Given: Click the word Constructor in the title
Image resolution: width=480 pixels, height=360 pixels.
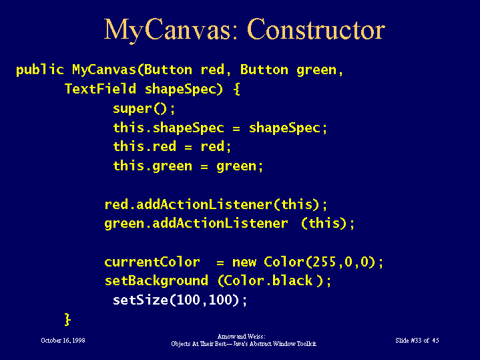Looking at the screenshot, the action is point(316,29).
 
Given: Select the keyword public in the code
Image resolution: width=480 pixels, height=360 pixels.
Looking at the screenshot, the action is point(40,70).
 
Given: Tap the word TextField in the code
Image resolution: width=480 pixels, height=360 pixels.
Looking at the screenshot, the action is point(100,89).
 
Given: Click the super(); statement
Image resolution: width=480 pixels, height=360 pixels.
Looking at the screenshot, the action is point(144,109).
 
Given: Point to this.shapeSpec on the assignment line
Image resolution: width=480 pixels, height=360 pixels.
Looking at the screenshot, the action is point(168,128).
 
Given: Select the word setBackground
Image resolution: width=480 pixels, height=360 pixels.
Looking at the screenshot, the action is point(156,281).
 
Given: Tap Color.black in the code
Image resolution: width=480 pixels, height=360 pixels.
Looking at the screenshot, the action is point(266,281).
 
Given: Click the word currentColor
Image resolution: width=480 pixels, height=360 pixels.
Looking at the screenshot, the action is point(152,262).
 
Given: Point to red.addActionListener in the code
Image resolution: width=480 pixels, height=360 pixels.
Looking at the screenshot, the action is point(188,204).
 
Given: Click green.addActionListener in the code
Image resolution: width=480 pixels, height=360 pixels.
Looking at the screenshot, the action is point(196,224).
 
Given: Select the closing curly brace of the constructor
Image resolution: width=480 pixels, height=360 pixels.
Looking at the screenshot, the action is point(67,319).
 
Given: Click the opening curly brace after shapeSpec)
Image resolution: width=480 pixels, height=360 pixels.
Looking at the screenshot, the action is point(236,89).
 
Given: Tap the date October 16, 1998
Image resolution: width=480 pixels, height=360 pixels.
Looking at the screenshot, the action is point(63,341).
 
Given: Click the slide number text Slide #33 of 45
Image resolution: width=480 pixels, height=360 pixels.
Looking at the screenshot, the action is point(417,341).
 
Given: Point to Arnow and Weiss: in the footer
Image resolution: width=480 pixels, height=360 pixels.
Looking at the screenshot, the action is point(241,337).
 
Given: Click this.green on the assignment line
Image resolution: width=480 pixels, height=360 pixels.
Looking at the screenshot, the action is point(152,166).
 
